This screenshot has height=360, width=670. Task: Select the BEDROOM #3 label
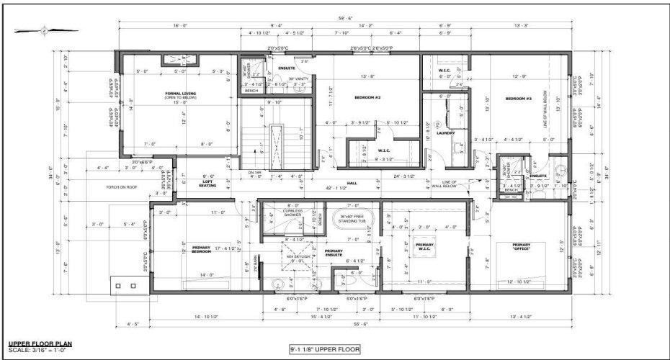click(518, 98)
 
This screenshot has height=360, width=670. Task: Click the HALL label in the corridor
click(353, 183)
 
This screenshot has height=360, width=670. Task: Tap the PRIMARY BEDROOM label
click(206, 251)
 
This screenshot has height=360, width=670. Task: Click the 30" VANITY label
click(299, 78)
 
